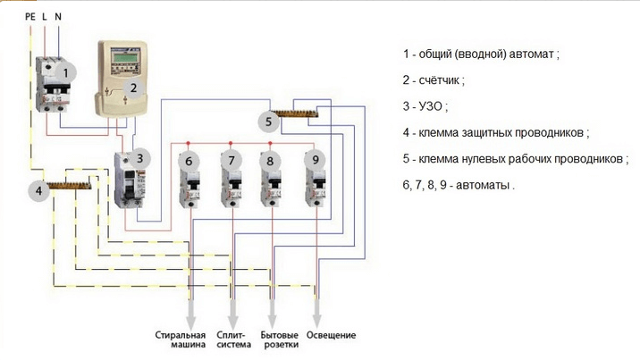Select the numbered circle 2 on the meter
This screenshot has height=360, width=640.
[133, 88]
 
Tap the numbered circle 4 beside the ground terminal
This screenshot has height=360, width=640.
[38, 190]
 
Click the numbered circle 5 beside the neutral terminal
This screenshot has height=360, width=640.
[269, 121]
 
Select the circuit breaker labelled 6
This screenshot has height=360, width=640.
[189, 179]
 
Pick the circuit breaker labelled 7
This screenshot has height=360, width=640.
[232, 179]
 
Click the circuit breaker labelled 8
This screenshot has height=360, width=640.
[272, 179]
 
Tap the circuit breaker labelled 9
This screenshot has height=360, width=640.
[315, 179]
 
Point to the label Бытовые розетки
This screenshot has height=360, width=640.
[274, 340]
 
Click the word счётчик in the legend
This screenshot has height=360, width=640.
[442, 80]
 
